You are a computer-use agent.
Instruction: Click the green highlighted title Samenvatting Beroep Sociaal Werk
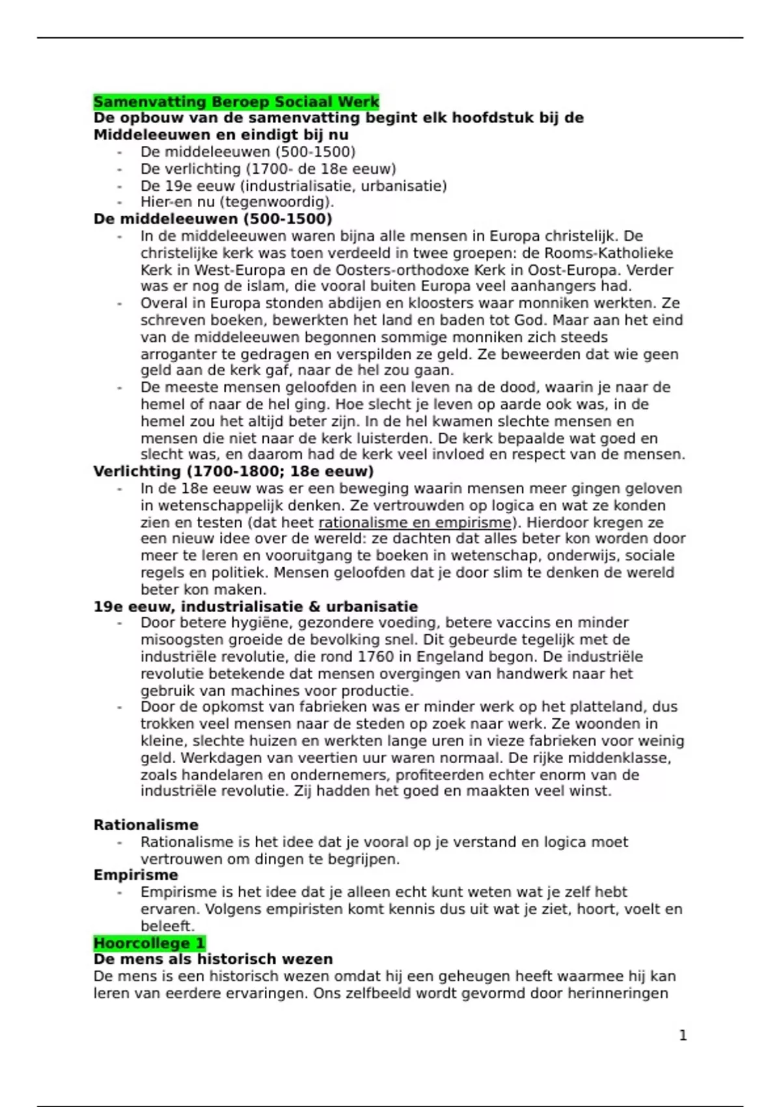[x=236, y=102]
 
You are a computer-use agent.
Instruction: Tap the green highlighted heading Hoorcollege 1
[x=149, y=943]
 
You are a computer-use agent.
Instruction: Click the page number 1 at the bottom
[x=683, y=1035]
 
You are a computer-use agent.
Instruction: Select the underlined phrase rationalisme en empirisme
[x=415, y=522]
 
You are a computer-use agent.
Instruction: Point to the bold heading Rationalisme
[x=146, y=825]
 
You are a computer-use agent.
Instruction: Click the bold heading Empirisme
[x=135, y=875]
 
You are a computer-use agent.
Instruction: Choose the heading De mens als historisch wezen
[x=213, y=959]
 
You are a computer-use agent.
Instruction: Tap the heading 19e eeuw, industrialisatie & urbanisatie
[x=255, y=607]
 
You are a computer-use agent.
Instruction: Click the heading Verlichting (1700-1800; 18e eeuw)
[x=233, y=471]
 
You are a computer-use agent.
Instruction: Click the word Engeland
[x=448, y=656]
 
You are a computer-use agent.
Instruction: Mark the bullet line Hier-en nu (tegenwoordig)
[x=237, y=202]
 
